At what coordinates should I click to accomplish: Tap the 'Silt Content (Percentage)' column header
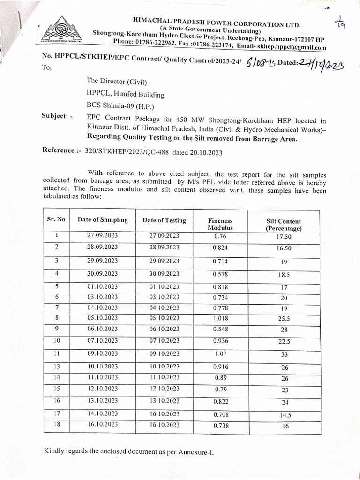283,225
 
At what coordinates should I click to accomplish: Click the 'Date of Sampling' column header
103,219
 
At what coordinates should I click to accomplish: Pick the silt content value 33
285,355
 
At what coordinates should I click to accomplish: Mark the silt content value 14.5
285,415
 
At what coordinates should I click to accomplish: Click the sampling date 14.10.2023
103,413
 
